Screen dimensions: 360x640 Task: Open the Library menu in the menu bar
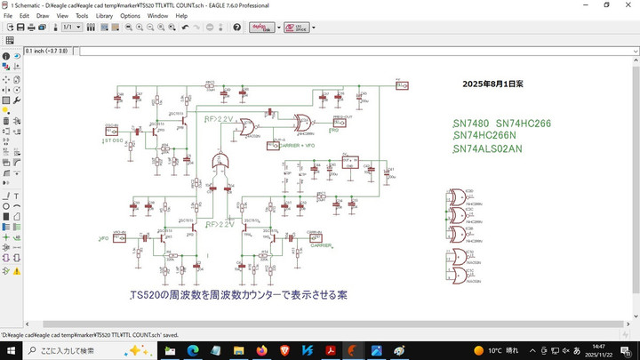pyautogui.click(x=104, y=16)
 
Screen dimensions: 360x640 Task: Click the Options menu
pyautogui.click(x=130, y=16)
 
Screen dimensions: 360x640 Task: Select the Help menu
pyautogui.click(x=181, y=16)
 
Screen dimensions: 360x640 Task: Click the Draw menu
pyautogui.click(x=43, y=16)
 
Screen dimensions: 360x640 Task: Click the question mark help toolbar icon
pyautogui.click(x=237, y=28)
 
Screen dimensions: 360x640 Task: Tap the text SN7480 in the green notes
pyautogui.click(x=470, y=123)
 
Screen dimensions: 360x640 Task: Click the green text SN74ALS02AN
pyautogui.click(x=487, y=148)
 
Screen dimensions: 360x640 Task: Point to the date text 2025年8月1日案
pyautogui.click(x=492, y=83)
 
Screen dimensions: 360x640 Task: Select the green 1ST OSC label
pyautogui.click(x=112, y=140)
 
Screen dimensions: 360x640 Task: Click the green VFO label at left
pyautogui.click(x=103, y=238)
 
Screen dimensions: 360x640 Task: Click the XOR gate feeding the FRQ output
pyautogui.click(x=303, y=123)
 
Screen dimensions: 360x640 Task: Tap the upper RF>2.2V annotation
pyautogui.click(x=218, y=118)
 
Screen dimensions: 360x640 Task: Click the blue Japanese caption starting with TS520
pyautogui.click(x=238, y=294)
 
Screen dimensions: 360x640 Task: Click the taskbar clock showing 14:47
pyautogui.click(x=597, y=351)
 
